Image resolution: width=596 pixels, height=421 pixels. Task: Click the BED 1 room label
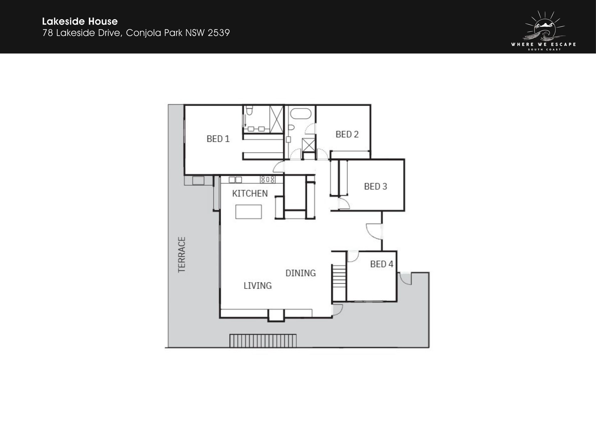click(x=218, y=139)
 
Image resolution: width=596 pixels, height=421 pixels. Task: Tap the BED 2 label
click(x=347, y=134)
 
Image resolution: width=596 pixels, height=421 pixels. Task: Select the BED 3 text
click(x=376, y=186)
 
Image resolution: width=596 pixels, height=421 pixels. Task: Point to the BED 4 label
click(x=382, y=264)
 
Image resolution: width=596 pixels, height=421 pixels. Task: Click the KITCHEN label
click(x=250, y=193)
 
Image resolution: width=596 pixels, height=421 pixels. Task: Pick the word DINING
click(x=300, y=273)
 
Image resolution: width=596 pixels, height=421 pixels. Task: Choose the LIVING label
click(x=258, y=285)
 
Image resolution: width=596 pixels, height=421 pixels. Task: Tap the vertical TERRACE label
click(x=182, y=255)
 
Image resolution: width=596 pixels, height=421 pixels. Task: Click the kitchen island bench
click(x=248, y=212)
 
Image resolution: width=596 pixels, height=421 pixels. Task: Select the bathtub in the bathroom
click(x=300, y=113)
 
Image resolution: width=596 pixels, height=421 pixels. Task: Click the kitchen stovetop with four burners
click(x=267, y=179)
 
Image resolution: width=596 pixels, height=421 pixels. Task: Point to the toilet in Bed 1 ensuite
click(x=249, y=110)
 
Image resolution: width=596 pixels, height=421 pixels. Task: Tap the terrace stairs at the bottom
click(x=263, y=341)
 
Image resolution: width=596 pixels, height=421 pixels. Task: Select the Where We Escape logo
click(x=544, y=30)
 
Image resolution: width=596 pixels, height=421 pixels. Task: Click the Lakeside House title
click(x=80, y=21)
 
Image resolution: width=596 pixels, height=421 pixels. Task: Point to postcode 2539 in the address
click(x=219, y=33)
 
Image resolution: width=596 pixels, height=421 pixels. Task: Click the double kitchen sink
click(x=235, y=179)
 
